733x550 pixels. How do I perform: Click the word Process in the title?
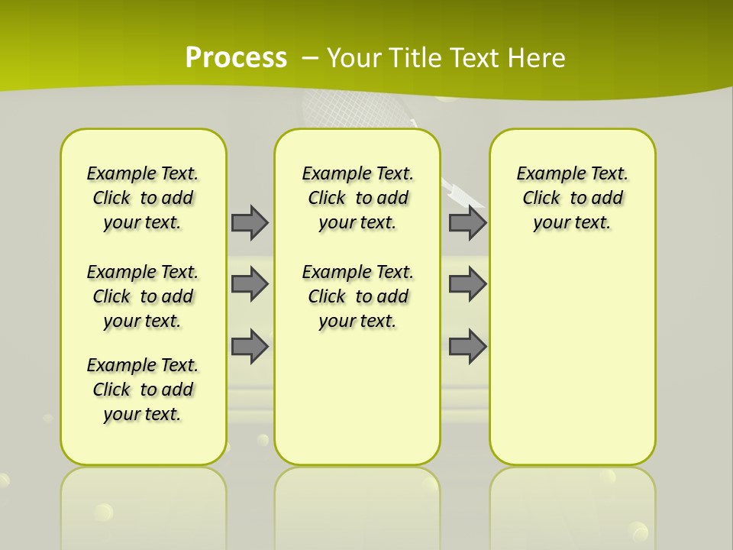click(x=236, y=58)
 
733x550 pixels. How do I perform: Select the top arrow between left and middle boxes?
click(x=250, y=222)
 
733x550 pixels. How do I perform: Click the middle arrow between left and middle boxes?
click(x=250, y=284)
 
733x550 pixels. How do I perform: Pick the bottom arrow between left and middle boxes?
click(x=250, y=346)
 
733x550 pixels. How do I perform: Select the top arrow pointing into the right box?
click(x=467, y=222)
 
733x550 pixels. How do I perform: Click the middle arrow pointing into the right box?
click(x=467, y=284)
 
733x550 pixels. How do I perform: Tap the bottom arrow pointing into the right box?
click(x=467, y=346)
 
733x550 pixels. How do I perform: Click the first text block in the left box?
click(x=143, y=198)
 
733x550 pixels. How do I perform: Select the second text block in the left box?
click(x=143, y=296)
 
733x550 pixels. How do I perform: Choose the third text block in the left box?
click(x=143, y=390)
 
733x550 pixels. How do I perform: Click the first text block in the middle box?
click(x=358, y=198)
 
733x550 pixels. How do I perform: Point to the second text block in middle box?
click(x=358, y=296)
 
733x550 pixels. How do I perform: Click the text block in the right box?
click(x=573, y=198)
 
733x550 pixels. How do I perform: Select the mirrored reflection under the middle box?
click(x=357, y=504)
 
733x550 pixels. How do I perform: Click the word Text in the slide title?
click(x=470, y=58)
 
